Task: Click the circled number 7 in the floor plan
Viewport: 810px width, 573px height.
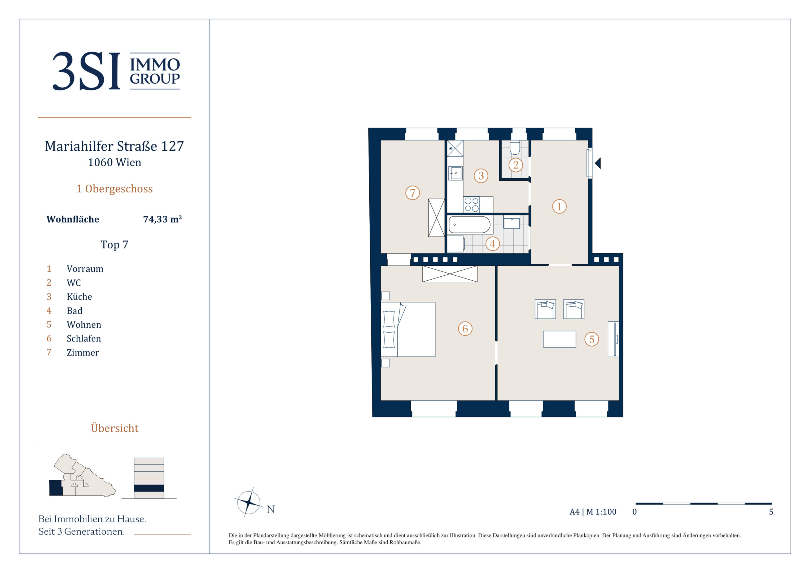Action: (412, 193)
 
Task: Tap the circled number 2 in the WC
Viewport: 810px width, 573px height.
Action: (515, 164)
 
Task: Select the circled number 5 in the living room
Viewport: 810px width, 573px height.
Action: (592, 339)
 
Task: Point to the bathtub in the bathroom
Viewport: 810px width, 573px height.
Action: (470, 224)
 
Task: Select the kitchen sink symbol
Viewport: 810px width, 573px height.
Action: (456, 173)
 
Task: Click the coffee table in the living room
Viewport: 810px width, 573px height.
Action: (559, 339)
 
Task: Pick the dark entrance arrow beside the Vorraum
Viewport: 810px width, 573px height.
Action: (598, 163)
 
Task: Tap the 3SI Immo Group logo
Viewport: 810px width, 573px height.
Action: (116, 71)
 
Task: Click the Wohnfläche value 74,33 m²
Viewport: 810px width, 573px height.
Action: (162, 219)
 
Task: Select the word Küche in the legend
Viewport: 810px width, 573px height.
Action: (79, 297)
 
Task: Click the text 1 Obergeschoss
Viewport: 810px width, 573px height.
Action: (115, 189)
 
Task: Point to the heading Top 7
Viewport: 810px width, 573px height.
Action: (114, 245)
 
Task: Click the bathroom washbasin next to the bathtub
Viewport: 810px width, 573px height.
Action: (511, 223)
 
